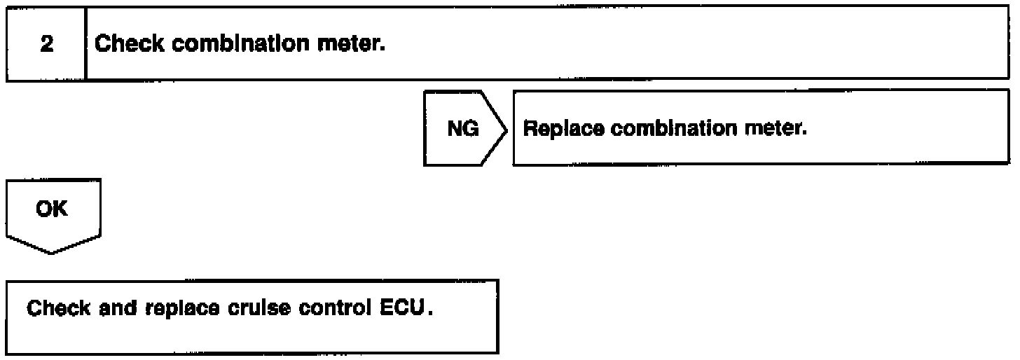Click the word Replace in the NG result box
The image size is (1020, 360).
coord(558,130)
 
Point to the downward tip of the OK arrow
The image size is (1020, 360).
coord(53,254)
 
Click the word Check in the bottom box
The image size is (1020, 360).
coord(54,309)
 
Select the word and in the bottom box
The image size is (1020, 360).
coord(105,309)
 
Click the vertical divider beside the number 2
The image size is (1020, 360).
coord(85,44)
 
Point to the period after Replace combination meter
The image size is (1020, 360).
coord(806,134)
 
